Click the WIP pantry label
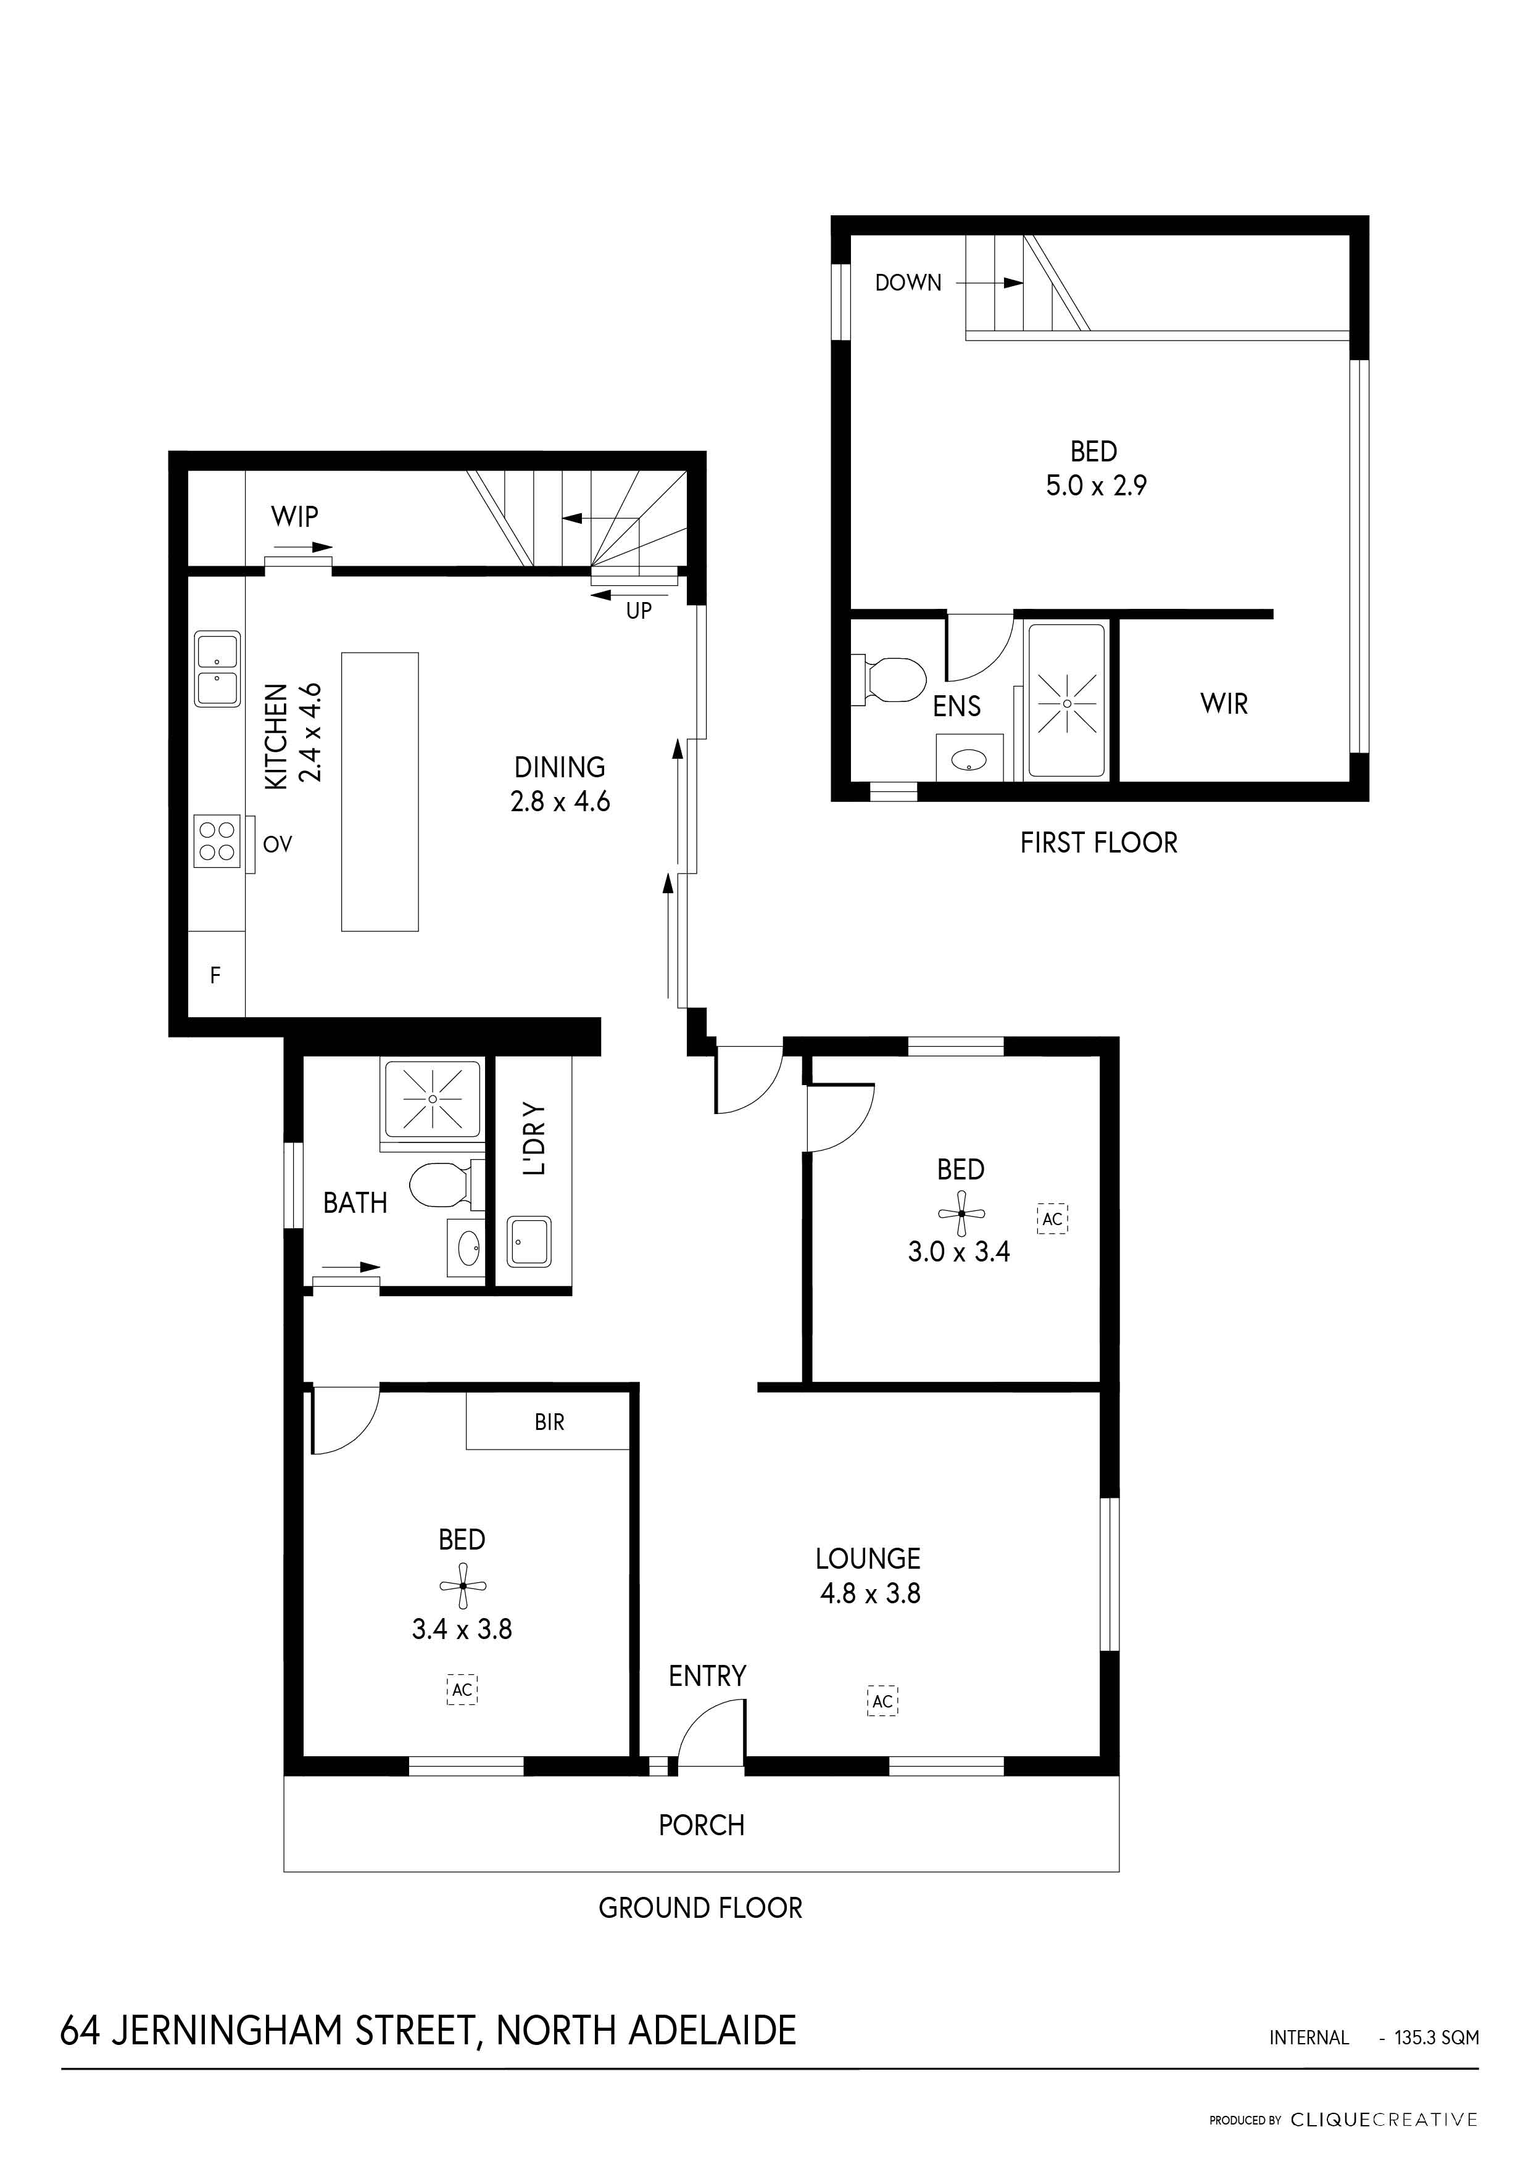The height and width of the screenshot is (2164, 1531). coord(294,516)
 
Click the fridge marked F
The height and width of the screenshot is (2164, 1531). coord(216,975)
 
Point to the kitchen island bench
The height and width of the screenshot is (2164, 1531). coord(380,791)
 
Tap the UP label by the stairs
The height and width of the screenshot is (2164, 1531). coord(639,611)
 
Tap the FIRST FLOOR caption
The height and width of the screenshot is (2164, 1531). coord(1098,843)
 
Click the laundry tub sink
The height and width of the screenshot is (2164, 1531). coord(530,1241)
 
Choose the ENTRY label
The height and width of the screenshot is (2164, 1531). coord(707,1676)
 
